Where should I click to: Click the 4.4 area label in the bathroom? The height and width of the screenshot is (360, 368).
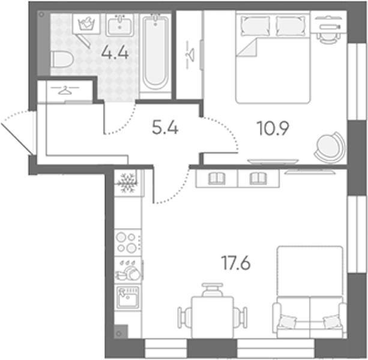pyautogui.click(x=115, y=53)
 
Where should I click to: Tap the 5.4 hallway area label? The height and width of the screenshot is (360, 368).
pyautogui.click(x=165, y=128)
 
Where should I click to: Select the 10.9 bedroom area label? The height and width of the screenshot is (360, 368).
pyautogui.click(x=273, y=128)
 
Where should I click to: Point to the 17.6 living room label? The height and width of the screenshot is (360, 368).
pyautogui.click(x=236, y=263)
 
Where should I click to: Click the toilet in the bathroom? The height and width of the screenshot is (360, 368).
pyautogui.click(x=62, y=60)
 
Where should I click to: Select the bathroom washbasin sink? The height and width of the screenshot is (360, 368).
pyautogui.click(x=120, y=25)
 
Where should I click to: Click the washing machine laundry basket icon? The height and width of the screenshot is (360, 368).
pyautogui.click(x=86, y=24)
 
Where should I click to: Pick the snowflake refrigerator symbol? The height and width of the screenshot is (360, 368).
pyautogui.click(x=128, y=183)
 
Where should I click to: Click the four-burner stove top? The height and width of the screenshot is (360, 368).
pyautogui.click(x=127, y=242)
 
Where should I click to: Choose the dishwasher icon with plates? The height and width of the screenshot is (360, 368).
pyautogui.click(x=128, y=270)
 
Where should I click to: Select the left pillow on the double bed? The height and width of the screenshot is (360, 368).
pyautogui.click(x=255, y=26)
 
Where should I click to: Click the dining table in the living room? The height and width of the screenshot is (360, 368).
pyautogui.click(x=213, y=317)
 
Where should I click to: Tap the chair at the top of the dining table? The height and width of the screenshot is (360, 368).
pyautogui.click(x=213, y=290)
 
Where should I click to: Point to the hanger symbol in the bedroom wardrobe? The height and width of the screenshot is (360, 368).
pyautogui.click(x=190, y=55)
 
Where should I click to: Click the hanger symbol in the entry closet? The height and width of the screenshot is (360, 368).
pyautogui.click(x=65, y=90)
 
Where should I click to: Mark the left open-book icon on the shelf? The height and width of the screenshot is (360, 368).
pyautogui.click(x=217, y=178)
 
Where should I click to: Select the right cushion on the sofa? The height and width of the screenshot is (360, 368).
pyautogui.click(x=333, y=322)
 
